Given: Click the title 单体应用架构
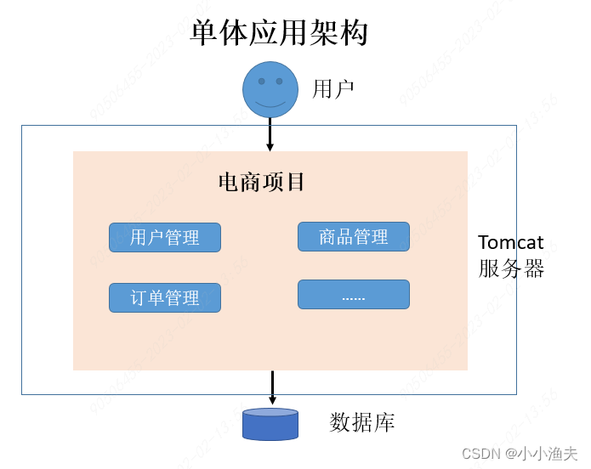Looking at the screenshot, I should pos(278,33).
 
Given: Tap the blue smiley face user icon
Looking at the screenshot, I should pos(270,89).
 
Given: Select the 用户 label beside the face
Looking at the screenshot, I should pos(332,89).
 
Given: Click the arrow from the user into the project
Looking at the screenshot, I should pos(270,133).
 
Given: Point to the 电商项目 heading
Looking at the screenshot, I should pos(261,182).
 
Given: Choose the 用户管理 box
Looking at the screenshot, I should pos(165,237).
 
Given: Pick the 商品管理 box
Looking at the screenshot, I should pos(354,236).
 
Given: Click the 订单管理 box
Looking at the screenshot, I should pos(165,297).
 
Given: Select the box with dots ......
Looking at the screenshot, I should pos(354,294).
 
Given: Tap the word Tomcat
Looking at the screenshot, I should pos(510,243).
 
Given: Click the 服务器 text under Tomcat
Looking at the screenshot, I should pos(510,269).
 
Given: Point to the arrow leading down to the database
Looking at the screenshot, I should pos(272,388).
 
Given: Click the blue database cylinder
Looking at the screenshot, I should pos(270,425).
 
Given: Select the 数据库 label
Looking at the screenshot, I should pos(361,422).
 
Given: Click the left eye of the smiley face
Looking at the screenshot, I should pos(261,82).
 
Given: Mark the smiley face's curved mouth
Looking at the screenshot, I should pos(270,104).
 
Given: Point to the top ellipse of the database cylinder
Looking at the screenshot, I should pos(270,413).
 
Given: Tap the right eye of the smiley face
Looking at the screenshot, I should pos(279,82).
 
